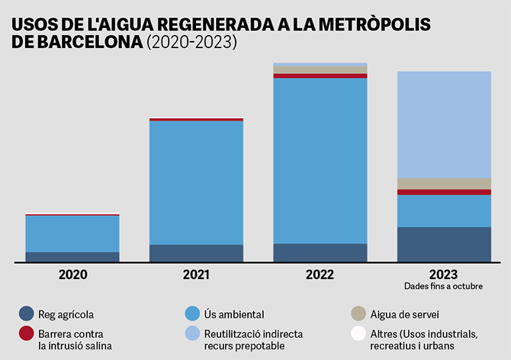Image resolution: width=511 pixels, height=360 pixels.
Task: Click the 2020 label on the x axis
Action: tap(72, 274)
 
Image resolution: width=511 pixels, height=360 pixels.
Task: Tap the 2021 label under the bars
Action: tap(196, 274)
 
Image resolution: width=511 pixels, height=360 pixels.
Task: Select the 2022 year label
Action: tap(320, 274)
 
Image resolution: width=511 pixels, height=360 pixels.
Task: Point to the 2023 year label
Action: tap(444, 274)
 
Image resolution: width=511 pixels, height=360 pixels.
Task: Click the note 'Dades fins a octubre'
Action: tap(444, 286)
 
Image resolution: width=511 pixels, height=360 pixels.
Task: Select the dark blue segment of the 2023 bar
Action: tap(444, 244)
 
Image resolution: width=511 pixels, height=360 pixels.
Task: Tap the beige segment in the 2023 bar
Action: tap(444, 184)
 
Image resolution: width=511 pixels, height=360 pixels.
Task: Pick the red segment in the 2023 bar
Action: tap(444, 192)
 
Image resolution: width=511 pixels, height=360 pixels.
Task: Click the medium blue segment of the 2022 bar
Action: tap(320, 160)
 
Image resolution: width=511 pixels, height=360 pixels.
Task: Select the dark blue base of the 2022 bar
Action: tap(320, 252)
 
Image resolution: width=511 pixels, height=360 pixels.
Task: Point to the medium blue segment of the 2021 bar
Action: tap(196, 182)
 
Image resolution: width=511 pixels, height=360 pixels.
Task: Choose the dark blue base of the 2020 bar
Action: tap(72, 257)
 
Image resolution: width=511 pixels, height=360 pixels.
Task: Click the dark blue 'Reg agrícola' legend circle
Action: tap(27, 313)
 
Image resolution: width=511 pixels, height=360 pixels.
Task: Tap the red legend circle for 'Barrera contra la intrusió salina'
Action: tap(27, 333)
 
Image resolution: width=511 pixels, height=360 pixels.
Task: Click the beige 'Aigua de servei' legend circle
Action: tap(358, 313)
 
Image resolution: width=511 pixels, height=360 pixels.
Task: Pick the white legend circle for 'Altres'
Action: tap(358, 333)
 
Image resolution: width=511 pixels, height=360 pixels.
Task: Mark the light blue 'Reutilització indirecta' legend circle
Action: tap(192, 333)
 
